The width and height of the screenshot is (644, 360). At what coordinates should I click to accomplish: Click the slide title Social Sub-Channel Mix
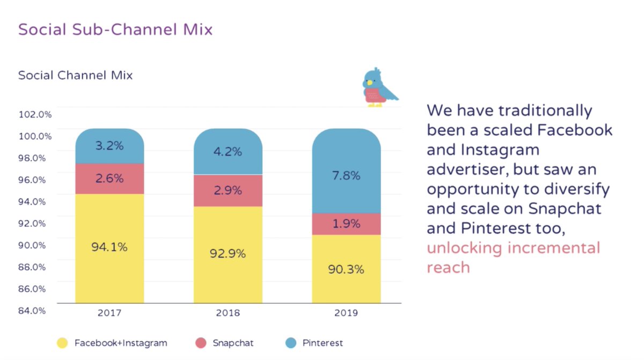coord(115,29)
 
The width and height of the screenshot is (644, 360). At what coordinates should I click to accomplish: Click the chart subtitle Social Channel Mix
coord(75,75)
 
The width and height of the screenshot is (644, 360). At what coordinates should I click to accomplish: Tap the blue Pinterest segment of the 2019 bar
coord(346,161)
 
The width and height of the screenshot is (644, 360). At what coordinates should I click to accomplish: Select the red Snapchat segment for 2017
coord(109,179)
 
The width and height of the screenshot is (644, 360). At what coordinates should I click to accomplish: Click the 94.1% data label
coord(109,247)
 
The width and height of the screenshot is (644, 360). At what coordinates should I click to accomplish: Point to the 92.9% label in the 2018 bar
coord(228,254)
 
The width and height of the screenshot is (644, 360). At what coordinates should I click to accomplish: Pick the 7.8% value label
coord(346,175)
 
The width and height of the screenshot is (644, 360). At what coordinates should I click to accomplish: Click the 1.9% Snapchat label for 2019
coord(346,224)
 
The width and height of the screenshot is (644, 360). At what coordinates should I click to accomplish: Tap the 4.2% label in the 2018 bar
coord(228,152)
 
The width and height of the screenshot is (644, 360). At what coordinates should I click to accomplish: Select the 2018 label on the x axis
coord(228,313)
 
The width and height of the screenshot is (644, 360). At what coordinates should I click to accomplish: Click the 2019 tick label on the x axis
coord(346,313)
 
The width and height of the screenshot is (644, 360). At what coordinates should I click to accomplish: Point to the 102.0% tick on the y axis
coord(35,114)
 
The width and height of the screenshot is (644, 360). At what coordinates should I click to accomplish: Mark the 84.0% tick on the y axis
coord(35,310)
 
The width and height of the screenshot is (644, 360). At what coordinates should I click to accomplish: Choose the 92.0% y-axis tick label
coord(35,223)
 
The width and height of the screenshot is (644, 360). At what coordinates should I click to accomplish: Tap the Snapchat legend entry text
coord(232,343)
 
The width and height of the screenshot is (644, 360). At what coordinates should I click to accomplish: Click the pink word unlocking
coord(465,248)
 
